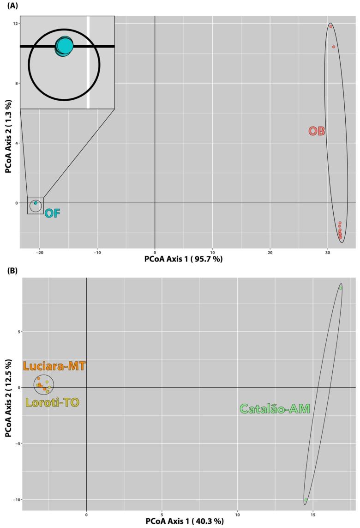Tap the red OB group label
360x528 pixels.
click(317, 132)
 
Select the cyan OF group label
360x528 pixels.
click(53, 213)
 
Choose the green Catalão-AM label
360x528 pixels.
click(275, 409)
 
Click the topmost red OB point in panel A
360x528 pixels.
click(331, 26)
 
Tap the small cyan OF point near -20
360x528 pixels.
click(36, 203)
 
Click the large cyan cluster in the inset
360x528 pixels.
click(64, 46)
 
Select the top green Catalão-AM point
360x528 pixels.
click(341, 288)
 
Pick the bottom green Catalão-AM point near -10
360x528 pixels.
click(306, 500)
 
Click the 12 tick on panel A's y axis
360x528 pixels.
click(15, 24)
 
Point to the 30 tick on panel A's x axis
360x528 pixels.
click(327, 253)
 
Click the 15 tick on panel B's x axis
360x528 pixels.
click(313, 514)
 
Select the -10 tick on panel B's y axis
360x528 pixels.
click(15, 500)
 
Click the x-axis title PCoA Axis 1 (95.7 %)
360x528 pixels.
click(183, 260)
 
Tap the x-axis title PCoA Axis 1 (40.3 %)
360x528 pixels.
click(185, 522)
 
